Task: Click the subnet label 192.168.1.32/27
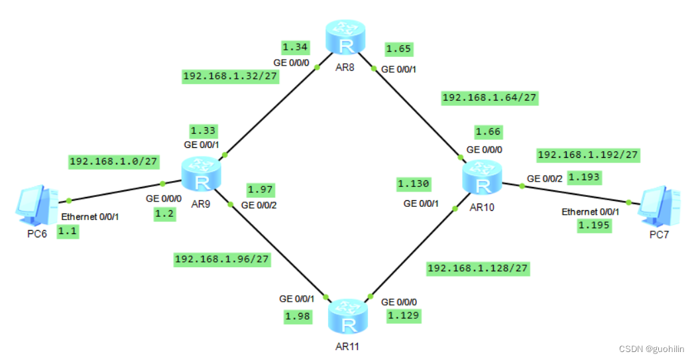pyautogui.click(x=231, y=76)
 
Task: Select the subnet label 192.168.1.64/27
pyautogui.click(x=489, y=97)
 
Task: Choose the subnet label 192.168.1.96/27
pyautogui.click(x=222, y=259)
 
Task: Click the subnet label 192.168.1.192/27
pyautogui.click(x=587, y=154)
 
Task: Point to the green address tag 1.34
pyautogui.click(x=296, y=47)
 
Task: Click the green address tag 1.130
pyautogui.click(x=414, y=184)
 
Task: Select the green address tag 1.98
pyautogui.click(x=297, y=317)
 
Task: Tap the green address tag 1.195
pyautogui.click(x=593, y=225)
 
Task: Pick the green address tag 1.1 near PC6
pyautogui.click(x=68, y=231)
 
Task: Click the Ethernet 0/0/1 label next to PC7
pyautogui.click(x=590, y=211)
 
